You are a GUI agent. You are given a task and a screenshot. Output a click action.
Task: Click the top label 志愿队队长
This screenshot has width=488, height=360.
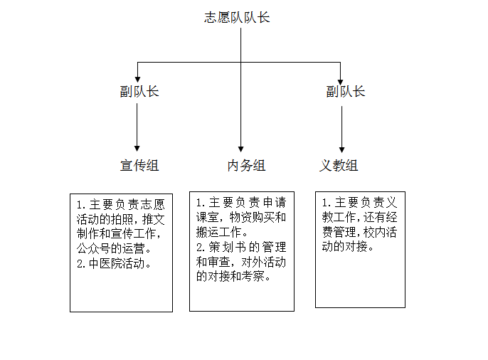point(237,17)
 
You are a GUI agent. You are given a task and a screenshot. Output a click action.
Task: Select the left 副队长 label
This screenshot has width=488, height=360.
point(139,92)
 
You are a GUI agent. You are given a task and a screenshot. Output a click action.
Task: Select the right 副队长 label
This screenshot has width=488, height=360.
point(346,92)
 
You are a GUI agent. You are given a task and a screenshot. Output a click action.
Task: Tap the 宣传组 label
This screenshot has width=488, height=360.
point(139,165)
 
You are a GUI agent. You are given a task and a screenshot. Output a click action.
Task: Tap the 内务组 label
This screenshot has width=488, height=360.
point(246,165)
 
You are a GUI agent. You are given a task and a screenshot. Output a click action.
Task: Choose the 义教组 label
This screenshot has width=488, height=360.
point(339,165)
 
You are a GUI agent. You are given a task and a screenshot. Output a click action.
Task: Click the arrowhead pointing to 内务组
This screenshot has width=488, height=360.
point(240,149)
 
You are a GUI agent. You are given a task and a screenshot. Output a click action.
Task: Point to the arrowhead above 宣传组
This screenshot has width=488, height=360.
point(137,149)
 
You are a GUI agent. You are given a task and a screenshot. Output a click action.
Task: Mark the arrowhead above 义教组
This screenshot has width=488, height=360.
point(341,150)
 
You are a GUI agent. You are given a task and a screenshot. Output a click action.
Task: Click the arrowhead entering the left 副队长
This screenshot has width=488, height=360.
point(137,80)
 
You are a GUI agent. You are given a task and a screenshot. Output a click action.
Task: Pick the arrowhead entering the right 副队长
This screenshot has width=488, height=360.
point(340,82)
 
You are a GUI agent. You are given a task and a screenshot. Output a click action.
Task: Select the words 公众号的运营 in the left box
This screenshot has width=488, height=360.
point(110,248)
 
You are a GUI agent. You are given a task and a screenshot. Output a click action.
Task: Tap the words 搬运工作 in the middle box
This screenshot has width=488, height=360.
point(218,232)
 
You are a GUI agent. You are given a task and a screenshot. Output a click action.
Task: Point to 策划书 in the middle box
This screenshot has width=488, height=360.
point(228,247)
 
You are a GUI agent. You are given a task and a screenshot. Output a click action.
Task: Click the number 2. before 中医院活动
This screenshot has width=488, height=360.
point(81,264)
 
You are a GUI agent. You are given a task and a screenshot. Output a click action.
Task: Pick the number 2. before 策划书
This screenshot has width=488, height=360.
point(201,248)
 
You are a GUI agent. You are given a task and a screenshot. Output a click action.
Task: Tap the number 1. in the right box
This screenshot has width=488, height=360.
point(326,203)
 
